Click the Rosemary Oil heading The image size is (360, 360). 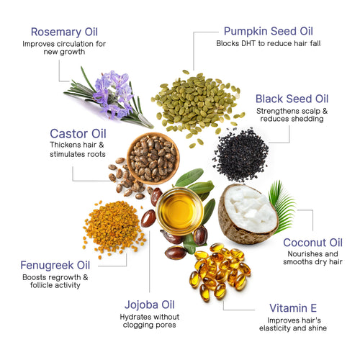pyautogui.click(x=63, y=32)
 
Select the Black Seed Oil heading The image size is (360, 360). pyautogui.click(x=292, y=99)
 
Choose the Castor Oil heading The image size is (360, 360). pyautogui.click(x=78, y=133)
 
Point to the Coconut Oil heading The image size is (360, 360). pyautogui.click(x=312, y=242)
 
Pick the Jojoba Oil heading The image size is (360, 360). pyautogui.click(x=150, y=304)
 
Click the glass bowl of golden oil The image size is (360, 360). pyautogui.click(x=179, y=210)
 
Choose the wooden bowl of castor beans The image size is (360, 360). pyautogui.click(x=153, y=157)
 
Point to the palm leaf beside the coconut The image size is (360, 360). pyautogui.click(x=282, y=205)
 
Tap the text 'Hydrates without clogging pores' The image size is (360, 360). pyautogui.click(x=150, y=321)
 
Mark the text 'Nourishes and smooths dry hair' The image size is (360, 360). pyautogui.click(x=312, y=259)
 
